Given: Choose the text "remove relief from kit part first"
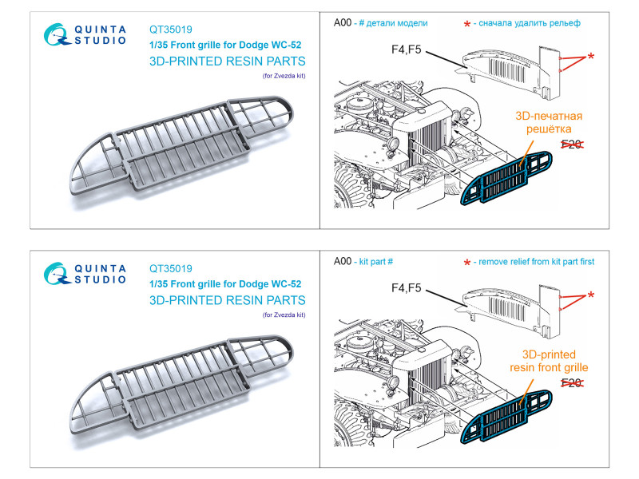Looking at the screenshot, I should [534, 261].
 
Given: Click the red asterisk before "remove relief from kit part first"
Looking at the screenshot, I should [467, 263].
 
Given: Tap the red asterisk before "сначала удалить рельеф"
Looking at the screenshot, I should [467, 25].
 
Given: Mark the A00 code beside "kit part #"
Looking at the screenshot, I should [343, 261].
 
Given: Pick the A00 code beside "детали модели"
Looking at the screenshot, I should [343, 23].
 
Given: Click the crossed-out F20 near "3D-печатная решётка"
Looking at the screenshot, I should [571, 144].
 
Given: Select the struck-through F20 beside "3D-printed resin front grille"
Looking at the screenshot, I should [571, 382].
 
